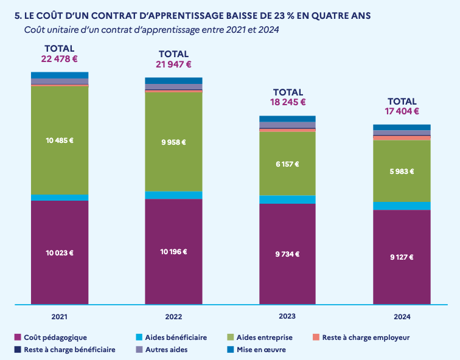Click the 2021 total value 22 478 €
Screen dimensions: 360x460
[60, 59]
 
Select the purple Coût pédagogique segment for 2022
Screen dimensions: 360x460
[173, 274]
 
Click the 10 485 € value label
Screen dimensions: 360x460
[60, 140]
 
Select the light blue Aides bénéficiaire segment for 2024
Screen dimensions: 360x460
[402, 206]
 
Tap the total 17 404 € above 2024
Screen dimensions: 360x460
[402, 111]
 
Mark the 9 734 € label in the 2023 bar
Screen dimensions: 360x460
[287, 254]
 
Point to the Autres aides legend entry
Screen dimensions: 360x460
[166, 350]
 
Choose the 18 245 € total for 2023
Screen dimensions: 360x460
[287, 103]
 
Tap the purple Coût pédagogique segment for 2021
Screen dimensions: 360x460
[60, 274]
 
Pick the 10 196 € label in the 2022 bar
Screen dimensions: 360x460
[173, 252]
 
